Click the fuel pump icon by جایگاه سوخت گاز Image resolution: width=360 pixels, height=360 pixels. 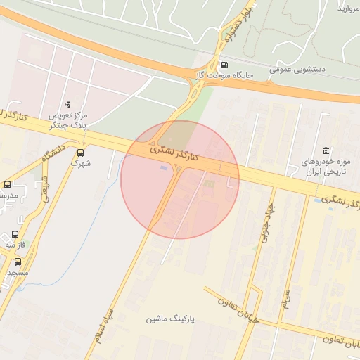click(224, 60)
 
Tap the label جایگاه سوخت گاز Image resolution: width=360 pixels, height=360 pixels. click(224, 72)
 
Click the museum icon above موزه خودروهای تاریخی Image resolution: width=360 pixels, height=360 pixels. click(325, 150)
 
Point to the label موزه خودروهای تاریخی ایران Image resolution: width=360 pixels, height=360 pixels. click(325, 167)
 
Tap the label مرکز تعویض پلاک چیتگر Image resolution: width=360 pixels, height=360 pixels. click(68, 120)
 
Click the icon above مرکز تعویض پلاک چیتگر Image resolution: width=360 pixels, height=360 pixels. click(67, 103)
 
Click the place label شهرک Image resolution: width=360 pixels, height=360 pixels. click(80, 162)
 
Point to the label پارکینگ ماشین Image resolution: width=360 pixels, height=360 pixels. click(170, 319)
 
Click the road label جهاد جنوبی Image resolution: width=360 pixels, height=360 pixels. click(266, 225)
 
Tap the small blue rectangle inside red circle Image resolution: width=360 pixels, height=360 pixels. click(165, 168)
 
